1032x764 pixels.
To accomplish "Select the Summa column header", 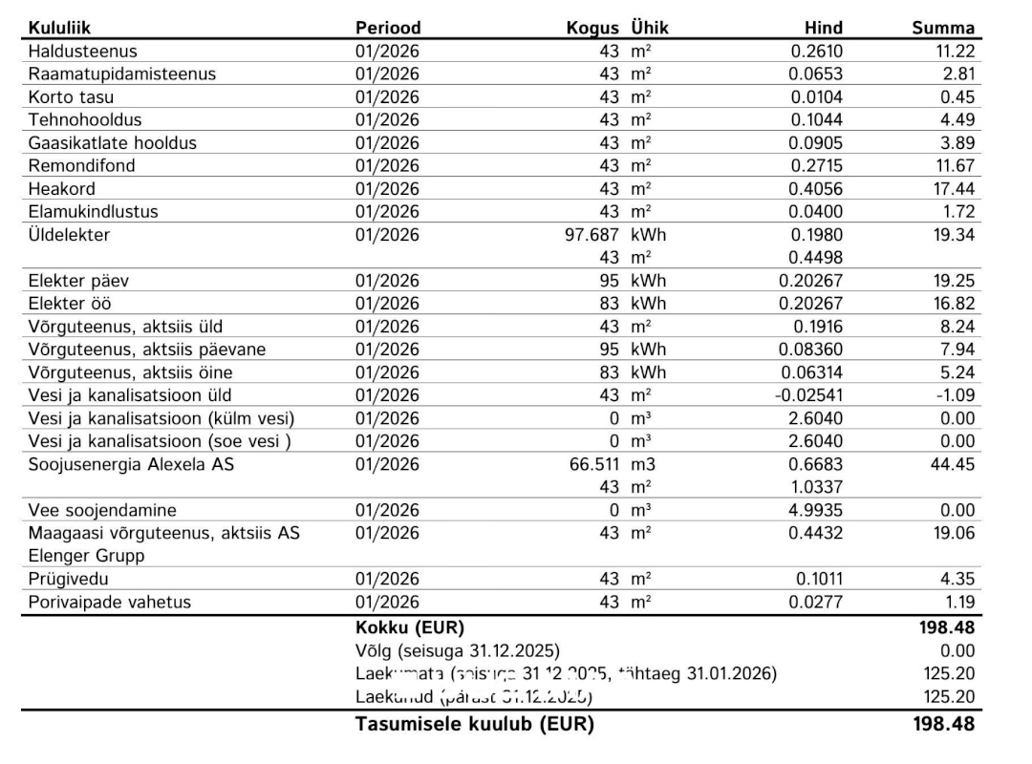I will pyautogui.click(x=943, y=29).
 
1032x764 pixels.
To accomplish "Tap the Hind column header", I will pyautogui.click(x=824, y=29).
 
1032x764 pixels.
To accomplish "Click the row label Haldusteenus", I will pyautogui.click(x=83, y=52).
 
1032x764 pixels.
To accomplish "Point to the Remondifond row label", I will pyautogui.click(x=82, y=166).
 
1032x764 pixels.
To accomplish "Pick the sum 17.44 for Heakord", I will pyautogui.click(x=954, y=189).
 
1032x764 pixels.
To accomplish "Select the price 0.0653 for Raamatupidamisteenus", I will pyautogui.click(x=816, y=74).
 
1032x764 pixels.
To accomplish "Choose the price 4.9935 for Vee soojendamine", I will pyautogui.click(x=816, y=510).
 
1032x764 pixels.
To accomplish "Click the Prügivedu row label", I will pyautogui.click(x=69, y=579).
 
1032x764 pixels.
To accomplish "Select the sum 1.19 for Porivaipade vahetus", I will pyautogui.click(x=958, y=602).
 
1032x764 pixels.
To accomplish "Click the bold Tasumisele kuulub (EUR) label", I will pyautogui.click(x=474, y=724).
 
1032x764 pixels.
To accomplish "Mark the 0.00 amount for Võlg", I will pyautogui.click(x=957, y=651).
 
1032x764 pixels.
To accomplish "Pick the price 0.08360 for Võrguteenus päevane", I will pyautogui.click(x=811, y=350).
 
